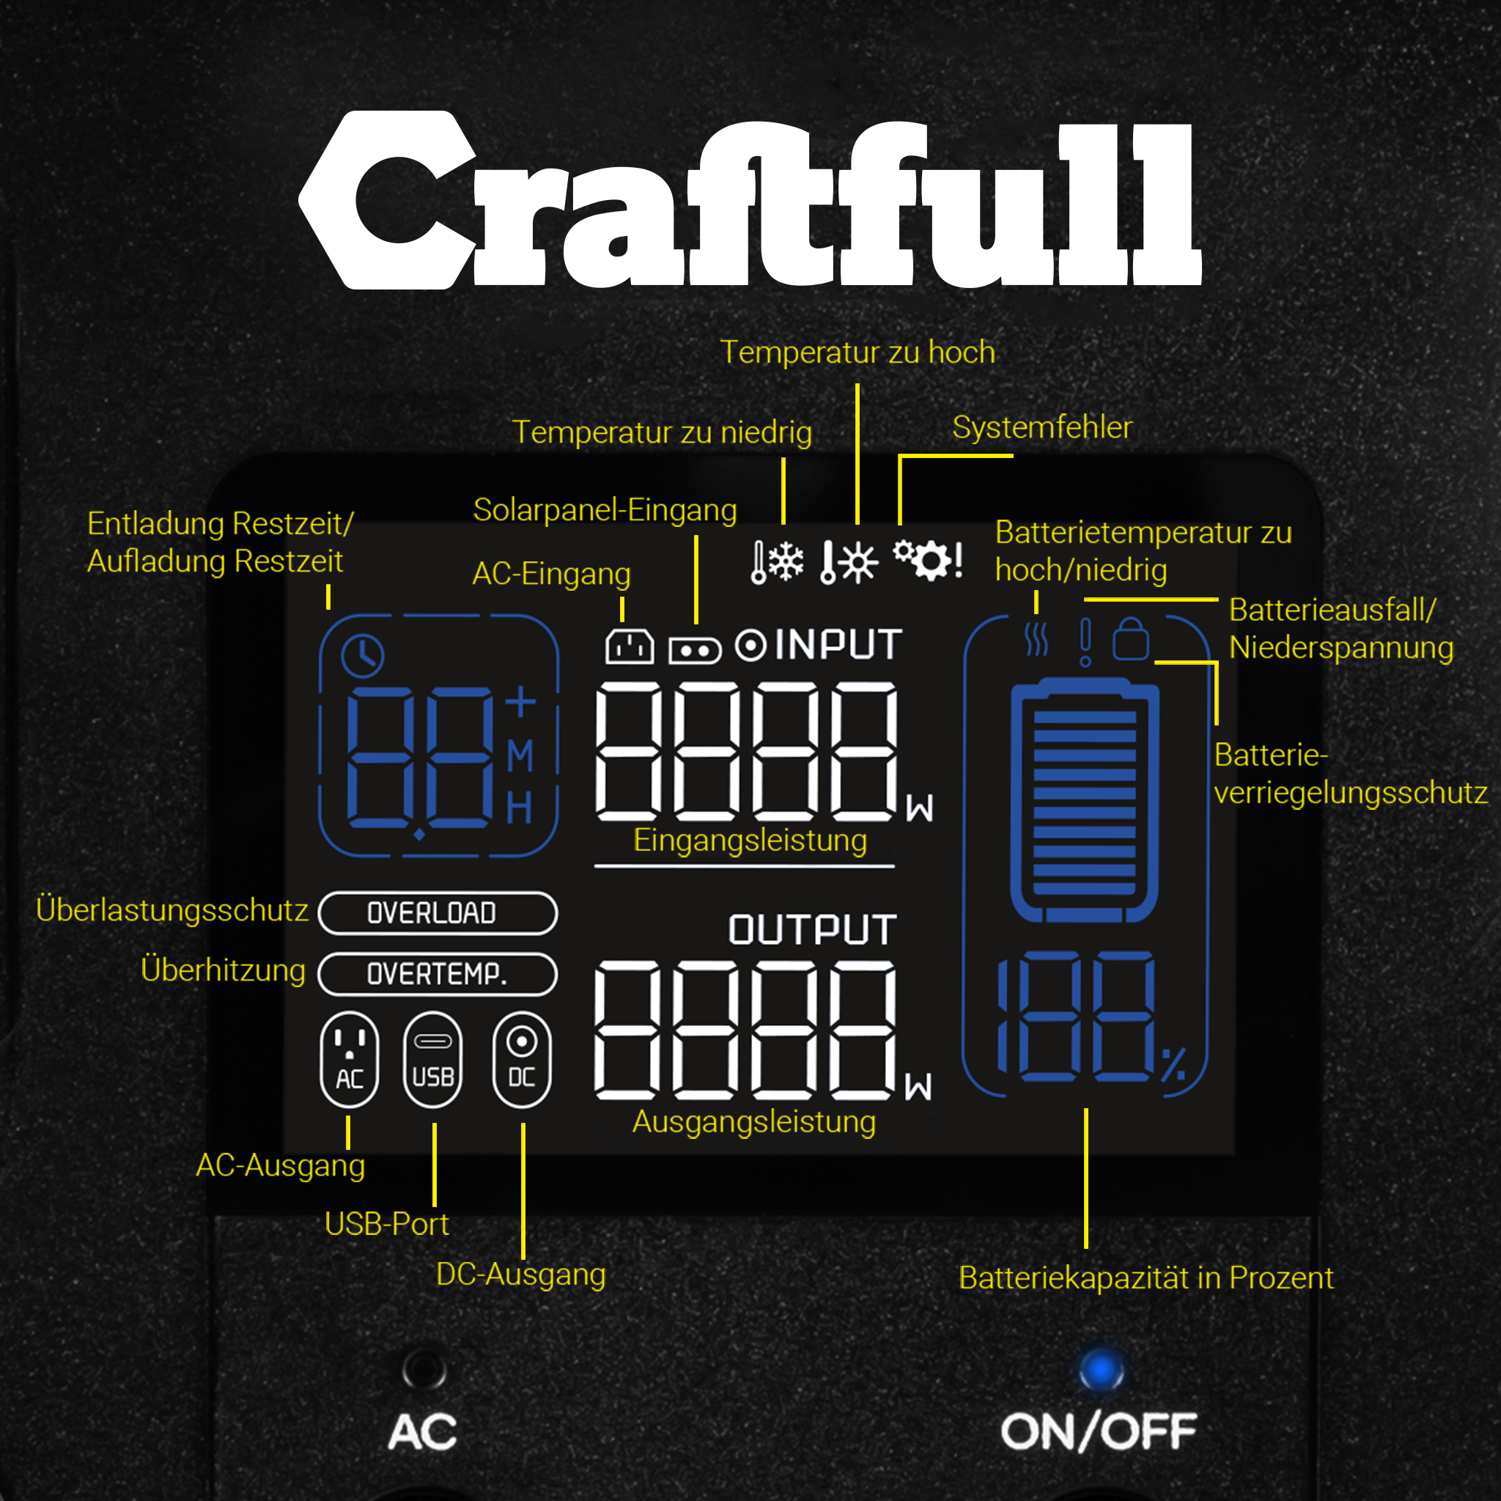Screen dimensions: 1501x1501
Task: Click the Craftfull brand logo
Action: (750, 200)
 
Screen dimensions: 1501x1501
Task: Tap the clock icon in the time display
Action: (362, 655)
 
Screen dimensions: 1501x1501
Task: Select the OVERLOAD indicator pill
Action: (438, 913)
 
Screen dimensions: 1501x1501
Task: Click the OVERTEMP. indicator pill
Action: (438, 973)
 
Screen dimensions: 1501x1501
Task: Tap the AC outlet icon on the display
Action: (350, 1059)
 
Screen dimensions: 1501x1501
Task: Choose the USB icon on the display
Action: (432, 1059)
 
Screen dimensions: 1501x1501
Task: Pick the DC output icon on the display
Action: (522, 1059)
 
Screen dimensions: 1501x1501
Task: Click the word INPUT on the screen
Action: (838, 645)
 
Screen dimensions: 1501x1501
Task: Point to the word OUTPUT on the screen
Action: (813, 930)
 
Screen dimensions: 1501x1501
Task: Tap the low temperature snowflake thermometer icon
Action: (777, 561)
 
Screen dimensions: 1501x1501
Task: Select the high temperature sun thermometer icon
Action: (849, 561)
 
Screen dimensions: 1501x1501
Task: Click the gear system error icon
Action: (929, 559)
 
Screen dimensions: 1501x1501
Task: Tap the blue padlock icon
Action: (1130, 639)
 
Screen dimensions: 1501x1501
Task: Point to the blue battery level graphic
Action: (1085, 800)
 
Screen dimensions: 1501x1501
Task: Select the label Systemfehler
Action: (1042, 427)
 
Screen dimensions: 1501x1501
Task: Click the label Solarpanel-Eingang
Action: (605, 510)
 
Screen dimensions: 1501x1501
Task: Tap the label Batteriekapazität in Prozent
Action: (1146, 1278)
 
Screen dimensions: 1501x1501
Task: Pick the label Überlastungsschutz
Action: (172, 910)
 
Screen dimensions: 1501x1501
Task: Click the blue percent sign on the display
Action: (1173, 1064)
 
